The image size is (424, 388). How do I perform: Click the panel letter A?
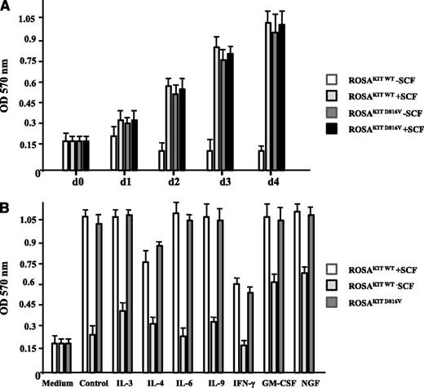tap(7, 7)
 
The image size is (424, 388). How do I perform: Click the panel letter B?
tap(7, 199)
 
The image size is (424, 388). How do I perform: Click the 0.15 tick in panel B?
tap(34, 349)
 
